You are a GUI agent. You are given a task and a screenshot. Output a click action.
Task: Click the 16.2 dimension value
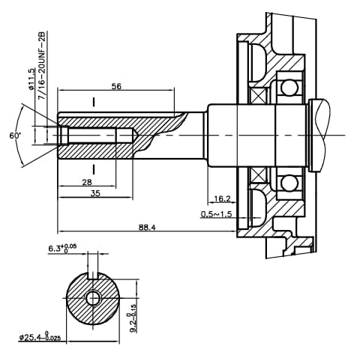coord(222,199)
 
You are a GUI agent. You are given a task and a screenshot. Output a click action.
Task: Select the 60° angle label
coord(14,136)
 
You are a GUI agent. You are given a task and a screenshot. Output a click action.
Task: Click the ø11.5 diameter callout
coord(31,78)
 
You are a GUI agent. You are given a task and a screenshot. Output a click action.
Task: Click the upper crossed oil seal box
coord(259,96)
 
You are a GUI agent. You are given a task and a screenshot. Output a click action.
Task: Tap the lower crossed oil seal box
coord(259,175)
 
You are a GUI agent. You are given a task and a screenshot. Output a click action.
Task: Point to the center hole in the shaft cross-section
coord(93,299)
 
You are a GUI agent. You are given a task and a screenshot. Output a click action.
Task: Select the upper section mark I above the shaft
coord(93,102)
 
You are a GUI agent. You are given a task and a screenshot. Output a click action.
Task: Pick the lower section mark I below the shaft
coord(93,168)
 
